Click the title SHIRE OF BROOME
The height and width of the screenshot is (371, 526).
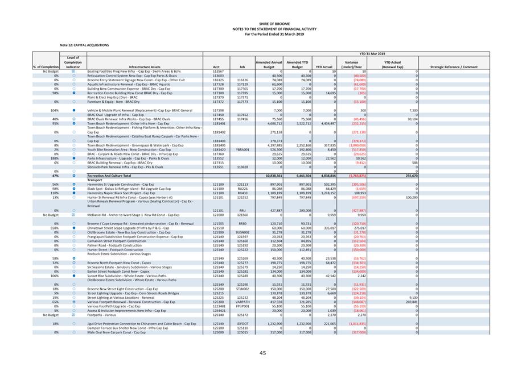click(263, 23)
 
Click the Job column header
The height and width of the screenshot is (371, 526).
click(242, 67)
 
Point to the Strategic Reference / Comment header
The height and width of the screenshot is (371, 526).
click(454, 67)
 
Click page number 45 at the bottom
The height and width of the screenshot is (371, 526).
click(263, 353)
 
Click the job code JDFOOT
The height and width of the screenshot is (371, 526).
click(243, 323)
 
